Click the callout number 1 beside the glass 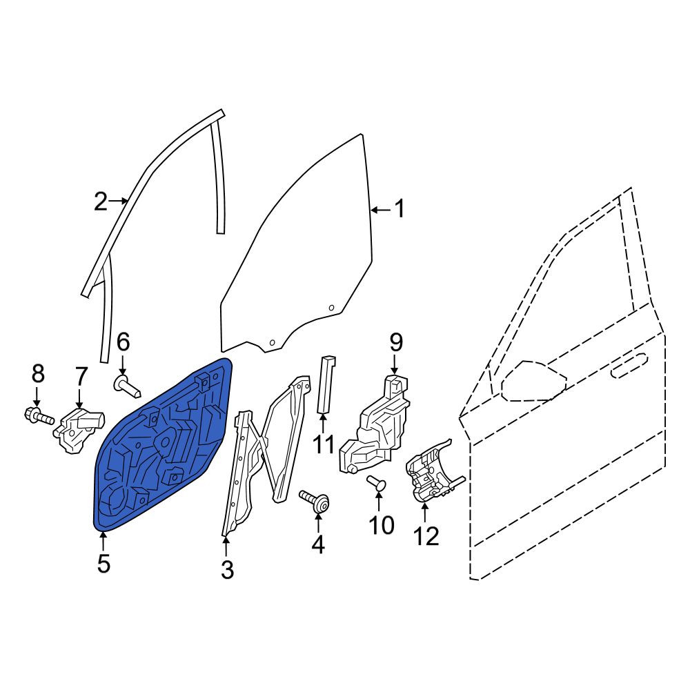coord(399,208)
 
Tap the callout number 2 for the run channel coord(101,201)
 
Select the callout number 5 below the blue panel coord(103,564)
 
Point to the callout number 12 coord(426,536)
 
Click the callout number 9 coord(396,342)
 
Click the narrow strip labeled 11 coord(326,384)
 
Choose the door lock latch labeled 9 coord(374,424)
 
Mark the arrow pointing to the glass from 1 coord(381,210)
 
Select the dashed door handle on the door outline coord(630,365)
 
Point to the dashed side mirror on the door coord(533,381)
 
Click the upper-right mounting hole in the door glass coord(331,308)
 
